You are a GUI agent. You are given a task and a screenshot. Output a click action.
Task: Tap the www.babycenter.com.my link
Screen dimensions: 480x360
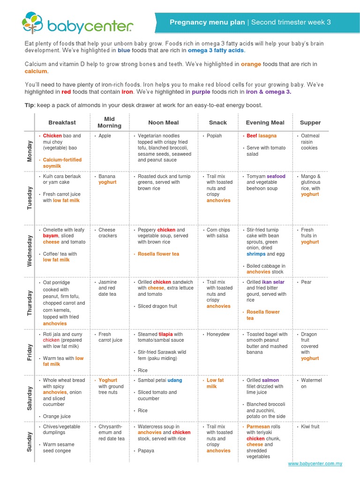click(315, 464)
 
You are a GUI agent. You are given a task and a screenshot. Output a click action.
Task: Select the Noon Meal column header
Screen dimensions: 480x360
click(163, 123)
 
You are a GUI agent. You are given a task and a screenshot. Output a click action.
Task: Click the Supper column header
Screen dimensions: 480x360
click(310, 123)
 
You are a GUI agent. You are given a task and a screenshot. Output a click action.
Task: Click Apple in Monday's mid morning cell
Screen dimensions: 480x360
click(105, 136)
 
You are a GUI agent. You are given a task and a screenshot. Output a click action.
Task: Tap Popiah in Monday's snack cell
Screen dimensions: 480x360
click(214, 136)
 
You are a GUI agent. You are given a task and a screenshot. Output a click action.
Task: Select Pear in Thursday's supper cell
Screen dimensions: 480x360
click(306, 283)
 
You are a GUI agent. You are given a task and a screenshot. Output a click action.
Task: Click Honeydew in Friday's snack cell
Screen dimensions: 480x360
click(218, 335)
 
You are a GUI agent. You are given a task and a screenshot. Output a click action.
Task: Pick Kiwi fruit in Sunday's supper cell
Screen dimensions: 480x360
click(310, 427)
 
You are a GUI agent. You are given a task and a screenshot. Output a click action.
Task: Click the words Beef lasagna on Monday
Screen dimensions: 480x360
click(262, 136)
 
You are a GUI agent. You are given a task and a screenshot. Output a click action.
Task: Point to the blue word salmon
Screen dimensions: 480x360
click(270, 381)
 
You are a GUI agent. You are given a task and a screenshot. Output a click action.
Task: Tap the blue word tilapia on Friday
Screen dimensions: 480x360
click(165, 335)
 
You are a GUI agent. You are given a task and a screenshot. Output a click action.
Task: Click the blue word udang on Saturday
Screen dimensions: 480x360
click(175, 381)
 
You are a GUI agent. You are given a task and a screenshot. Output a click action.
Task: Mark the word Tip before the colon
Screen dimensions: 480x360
click(29, 105)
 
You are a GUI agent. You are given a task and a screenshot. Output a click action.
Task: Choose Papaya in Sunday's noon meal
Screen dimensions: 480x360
click(146, 451)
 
